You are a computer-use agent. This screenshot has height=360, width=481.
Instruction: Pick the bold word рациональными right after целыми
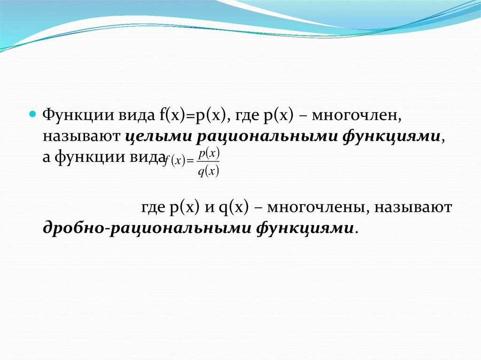267,137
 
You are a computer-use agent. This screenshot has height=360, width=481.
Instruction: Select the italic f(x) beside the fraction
174,161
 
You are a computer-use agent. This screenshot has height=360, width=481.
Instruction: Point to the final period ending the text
356,232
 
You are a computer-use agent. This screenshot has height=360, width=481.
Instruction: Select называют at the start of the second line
81,137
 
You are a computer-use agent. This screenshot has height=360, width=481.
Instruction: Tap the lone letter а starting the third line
47,158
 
